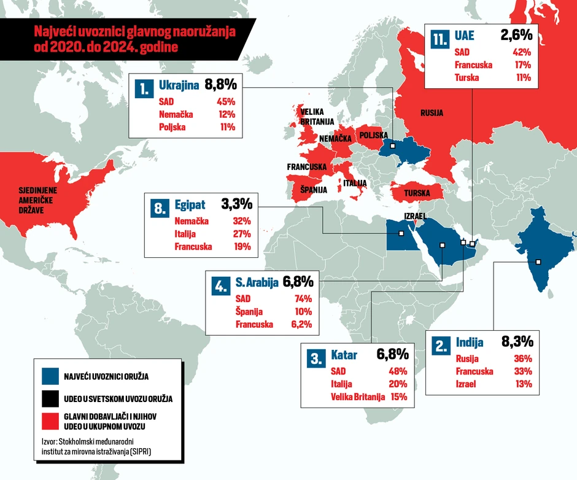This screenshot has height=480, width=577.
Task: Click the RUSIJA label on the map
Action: [432, 113]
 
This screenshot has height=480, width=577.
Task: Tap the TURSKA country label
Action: [417, 193]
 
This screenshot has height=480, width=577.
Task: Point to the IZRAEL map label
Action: [415, 216]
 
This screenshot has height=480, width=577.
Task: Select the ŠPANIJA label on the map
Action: [313, 190]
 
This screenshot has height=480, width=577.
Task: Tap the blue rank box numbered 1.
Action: [144, 90]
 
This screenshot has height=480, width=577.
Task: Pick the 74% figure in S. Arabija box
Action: [303, 299]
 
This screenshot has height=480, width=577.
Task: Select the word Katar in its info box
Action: [344, 355]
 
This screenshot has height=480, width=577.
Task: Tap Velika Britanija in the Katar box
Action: [358, 397]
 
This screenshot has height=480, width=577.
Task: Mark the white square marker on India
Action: [538, 262]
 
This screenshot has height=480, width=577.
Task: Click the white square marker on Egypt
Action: [400, 233]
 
